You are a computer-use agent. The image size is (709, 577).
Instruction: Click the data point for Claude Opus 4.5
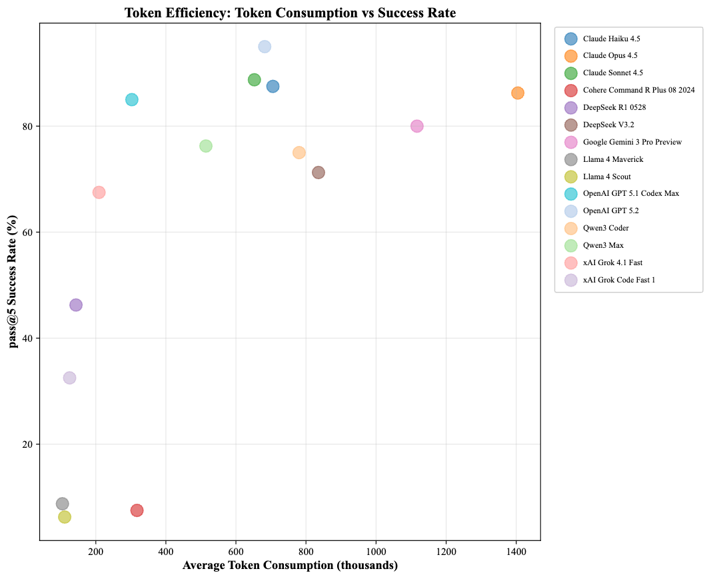(518, 93)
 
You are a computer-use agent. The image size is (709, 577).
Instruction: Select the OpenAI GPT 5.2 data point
(265, 47)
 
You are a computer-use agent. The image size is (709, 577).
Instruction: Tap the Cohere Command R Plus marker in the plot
(137, 510)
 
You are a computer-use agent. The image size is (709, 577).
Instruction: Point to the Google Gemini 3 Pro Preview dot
(417, 126)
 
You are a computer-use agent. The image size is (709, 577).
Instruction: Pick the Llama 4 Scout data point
(65, 517)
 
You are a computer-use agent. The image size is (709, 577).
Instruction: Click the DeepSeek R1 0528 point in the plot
(76, 305)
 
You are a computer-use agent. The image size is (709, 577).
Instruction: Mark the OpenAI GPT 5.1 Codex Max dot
(132, 100)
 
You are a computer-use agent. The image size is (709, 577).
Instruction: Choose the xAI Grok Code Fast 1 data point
(69, 378)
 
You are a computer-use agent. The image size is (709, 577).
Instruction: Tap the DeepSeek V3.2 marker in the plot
(319, 173)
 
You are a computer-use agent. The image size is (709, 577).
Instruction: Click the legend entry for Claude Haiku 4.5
(611, 39)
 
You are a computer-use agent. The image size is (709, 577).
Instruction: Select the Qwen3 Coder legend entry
(606, 228)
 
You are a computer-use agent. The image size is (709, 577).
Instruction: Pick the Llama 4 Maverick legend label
(613, 159)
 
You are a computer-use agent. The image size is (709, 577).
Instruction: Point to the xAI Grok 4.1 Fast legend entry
(612, 263)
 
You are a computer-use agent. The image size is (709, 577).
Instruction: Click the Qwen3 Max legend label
(603, 245)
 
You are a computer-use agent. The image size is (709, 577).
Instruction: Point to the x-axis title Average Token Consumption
(290, 566)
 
